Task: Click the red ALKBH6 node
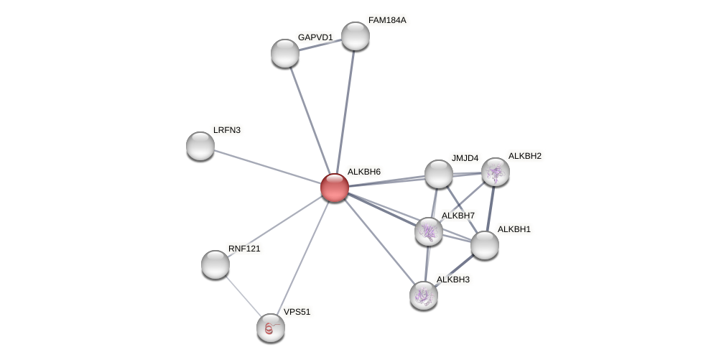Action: click(x=335, y=188)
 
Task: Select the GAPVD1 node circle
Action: click(x=285, y=53)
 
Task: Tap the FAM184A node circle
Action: click(x=356, y=36)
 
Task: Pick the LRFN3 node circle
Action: click(x=200, y=146)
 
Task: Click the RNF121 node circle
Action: click(x=215, y=264)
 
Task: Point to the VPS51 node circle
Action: click(x=271, y=328)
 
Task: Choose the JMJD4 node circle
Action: click(x=439, y=174)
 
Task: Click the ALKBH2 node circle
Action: click(x=496, y=172)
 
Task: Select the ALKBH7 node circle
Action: click(x=429, y=231)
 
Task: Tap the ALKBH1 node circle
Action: click(x=485, y=245)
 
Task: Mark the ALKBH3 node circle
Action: click(x=424, y=295)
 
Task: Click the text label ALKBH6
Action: click(x=363, y=172)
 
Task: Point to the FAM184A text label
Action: click(x=387, y=20)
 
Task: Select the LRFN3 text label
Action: click(x=227, y=130)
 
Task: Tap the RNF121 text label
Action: click(x=244, y=249)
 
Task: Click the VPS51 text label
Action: click(x=297, y=312)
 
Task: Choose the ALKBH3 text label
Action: click(x=452, y=280)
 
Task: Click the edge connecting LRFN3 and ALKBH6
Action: click(x=267, y=167)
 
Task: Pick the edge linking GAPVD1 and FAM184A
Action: click(x=320, y=45)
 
